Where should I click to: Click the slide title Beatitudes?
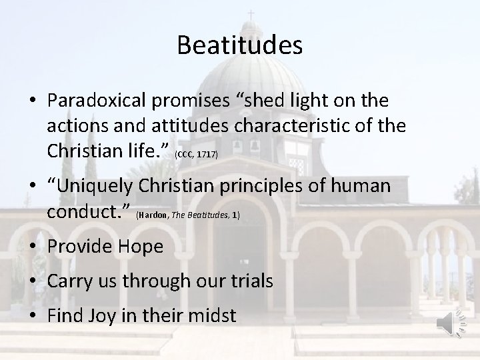tap(240, 46)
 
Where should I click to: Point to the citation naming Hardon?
tap(187, 215)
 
